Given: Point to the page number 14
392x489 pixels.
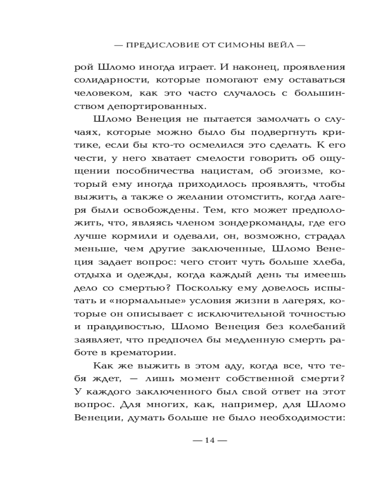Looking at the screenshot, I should tap(210, 439).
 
